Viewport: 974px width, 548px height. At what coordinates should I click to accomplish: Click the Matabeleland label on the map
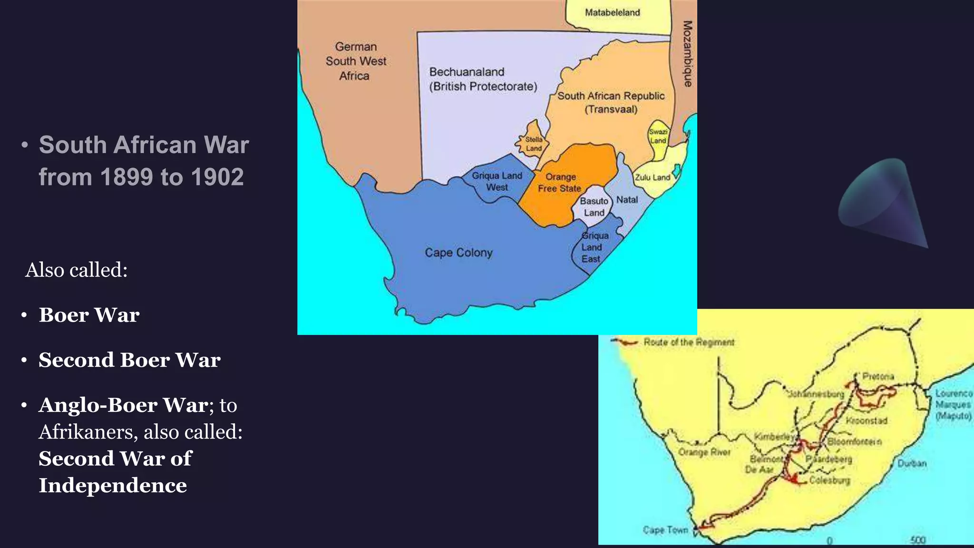pos(612,13)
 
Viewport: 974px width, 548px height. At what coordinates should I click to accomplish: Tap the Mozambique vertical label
pos(688,54)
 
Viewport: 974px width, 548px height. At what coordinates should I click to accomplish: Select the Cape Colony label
pos(458,253)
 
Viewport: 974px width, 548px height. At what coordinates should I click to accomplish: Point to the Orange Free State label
pos(560,183)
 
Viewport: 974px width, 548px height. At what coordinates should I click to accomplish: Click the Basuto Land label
pos(594,207)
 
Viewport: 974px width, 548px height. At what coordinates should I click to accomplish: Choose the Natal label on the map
pos(627,200)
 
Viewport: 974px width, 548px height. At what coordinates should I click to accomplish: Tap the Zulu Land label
pos(653,177)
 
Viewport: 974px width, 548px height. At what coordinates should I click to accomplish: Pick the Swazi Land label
pos(658,136)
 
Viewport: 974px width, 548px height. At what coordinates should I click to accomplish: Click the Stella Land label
pos(534,144)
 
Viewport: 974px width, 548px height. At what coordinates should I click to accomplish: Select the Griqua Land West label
pos(497,181)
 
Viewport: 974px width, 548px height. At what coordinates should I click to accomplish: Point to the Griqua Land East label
pos(593,247)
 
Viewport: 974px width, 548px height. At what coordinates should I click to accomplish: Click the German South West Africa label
pos(356,61)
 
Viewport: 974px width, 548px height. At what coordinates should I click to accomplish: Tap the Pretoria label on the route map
pos(878,376)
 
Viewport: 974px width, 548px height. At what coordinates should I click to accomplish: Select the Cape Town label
pos(665,530)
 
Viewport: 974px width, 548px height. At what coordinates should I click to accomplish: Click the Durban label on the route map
pos(912,463)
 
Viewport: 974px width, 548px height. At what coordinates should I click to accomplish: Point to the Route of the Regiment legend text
pos(689,342)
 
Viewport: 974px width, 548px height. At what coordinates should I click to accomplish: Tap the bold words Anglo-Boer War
pos(123,405)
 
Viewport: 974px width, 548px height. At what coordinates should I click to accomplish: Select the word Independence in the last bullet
pos(113,486)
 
